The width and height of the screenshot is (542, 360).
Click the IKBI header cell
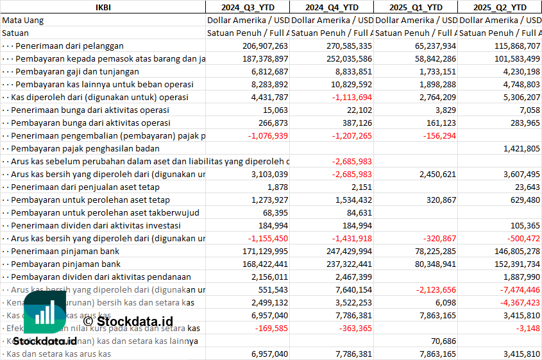pos(103,7)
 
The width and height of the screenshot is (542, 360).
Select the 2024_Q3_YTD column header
pos(247,7)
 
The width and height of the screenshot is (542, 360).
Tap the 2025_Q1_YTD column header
pos(416,7)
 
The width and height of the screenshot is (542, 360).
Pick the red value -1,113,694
pos(349,97)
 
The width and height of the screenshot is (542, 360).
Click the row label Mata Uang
pos(23,20)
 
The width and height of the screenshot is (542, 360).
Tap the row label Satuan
pos(15,33)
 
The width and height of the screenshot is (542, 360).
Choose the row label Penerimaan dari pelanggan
pos(69,46)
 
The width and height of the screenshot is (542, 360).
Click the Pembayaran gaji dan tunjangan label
pos(77,71)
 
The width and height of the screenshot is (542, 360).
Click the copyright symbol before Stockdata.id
pos(89,320)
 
